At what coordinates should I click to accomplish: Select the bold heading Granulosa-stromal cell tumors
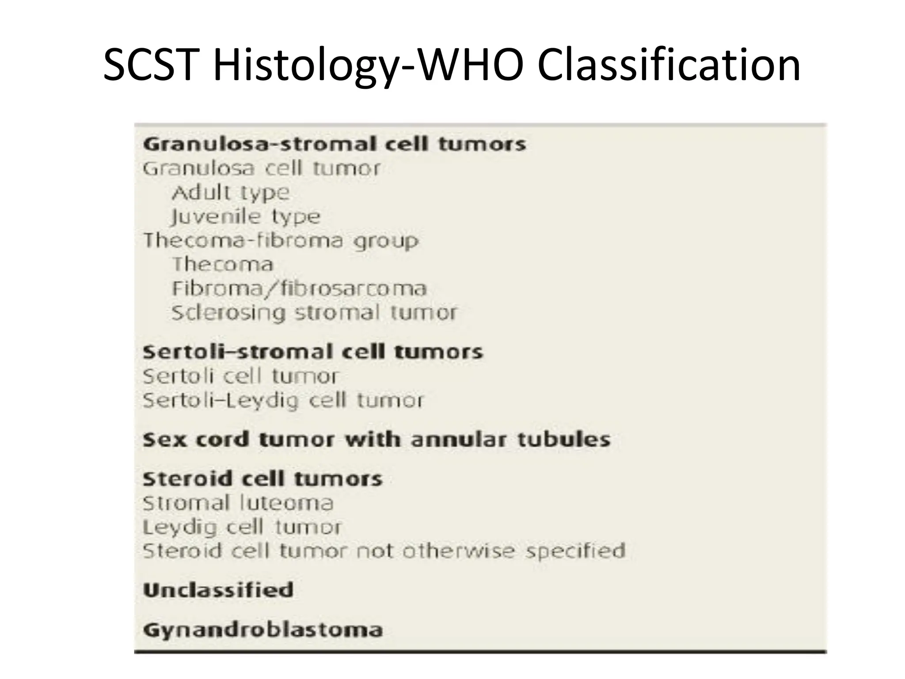click(x=335, y=144)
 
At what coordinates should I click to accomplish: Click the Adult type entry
click(x=231, y=192)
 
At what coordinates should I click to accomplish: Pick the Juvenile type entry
click(x=246, y=217)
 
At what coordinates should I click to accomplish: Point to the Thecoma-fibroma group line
click(x=281, y=240)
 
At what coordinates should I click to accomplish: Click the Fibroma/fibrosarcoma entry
click(x=299, y=289)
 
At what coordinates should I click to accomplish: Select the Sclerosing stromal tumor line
click(x=314, y=313)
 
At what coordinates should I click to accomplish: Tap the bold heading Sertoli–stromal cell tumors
click(x=313, y=352)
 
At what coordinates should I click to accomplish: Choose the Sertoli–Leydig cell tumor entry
click(x=283, y=400)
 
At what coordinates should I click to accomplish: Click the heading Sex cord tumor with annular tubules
click(x=376, y=439)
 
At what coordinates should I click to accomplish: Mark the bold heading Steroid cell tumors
click(x=262, y=479)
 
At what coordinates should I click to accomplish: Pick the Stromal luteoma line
click(x=238, y=503)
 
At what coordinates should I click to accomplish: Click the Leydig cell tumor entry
click(x=242, y=527)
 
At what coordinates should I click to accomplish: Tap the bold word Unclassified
click(x=218, y=590)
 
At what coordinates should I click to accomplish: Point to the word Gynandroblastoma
click(x=263, y=629)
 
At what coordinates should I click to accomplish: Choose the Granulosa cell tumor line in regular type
click(x=262, y=168)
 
